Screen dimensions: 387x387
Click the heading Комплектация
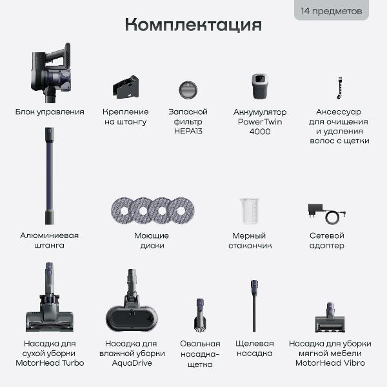193,25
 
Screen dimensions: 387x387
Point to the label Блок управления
50,112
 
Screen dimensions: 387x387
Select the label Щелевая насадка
255,348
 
